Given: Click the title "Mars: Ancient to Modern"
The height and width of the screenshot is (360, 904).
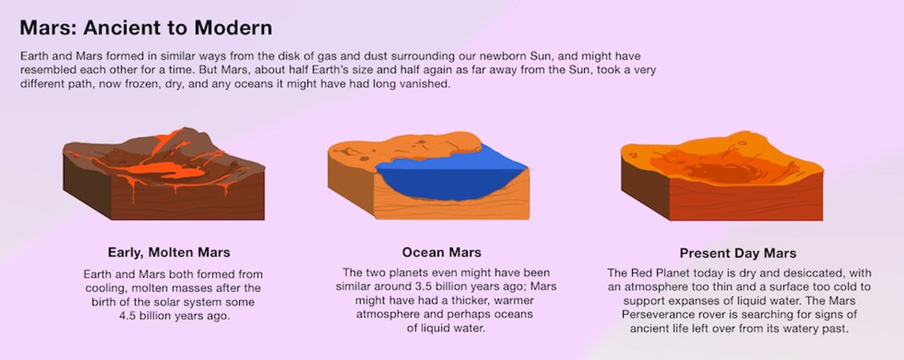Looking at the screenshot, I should coord(146,28).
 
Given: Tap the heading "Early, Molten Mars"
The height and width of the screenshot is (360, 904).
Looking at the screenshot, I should coord(169,253).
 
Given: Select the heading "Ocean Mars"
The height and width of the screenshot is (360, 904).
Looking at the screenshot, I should coord(441,253).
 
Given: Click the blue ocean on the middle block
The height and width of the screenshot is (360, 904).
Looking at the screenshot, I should coord(453,179).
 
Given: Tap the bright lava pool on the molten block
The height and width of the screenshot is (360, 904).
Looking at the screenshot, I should coord(168,170).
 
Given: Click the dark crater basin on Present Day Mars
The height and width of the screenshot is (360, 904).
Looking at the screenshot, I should coord(719,172).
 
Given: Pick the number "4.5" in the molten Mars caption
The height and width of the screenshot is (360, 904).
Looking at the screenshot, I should coord(127,316).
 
